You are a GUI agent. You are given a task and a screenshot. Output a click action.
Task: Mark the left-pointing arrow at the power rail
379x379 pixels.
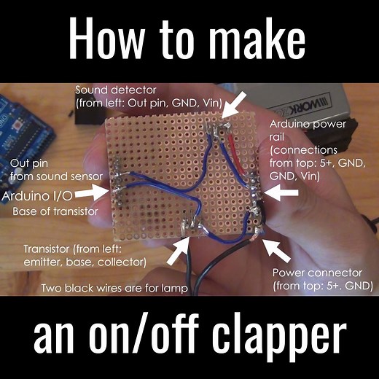284,192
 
